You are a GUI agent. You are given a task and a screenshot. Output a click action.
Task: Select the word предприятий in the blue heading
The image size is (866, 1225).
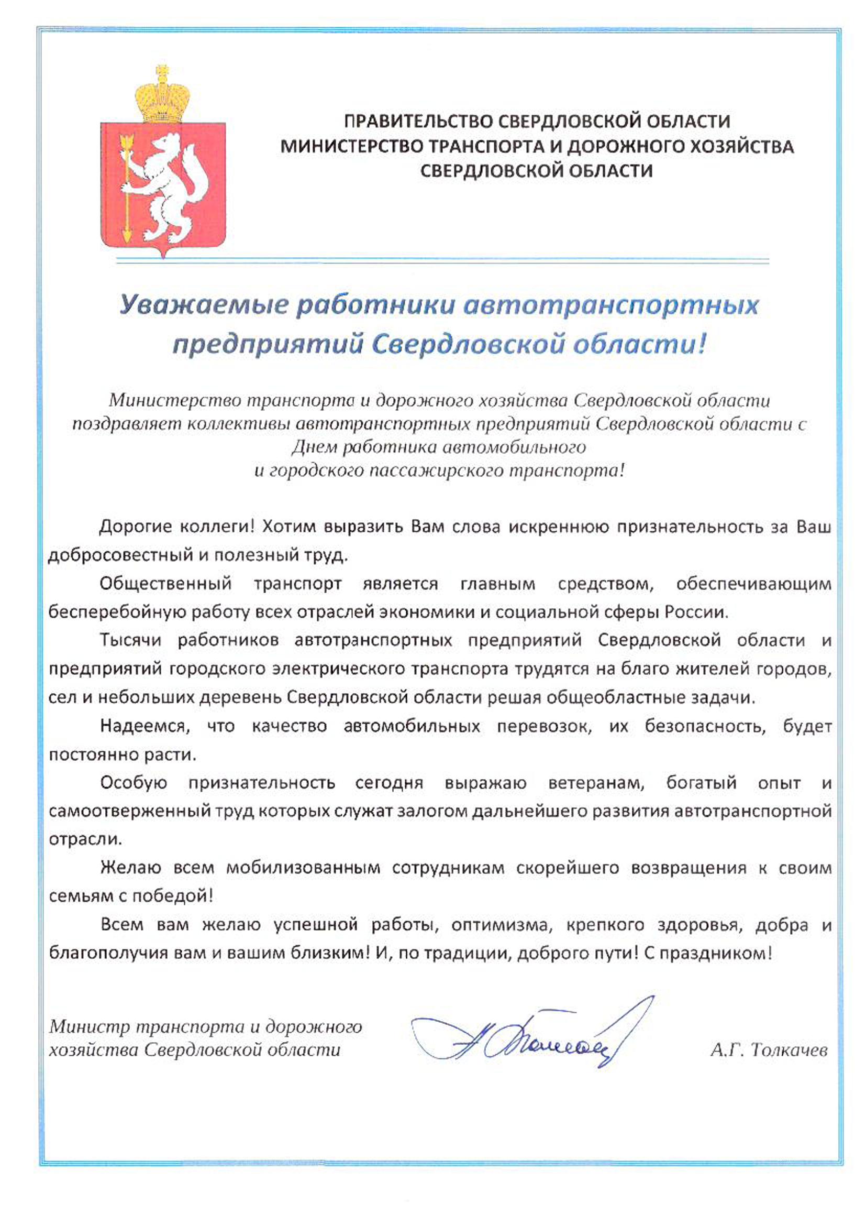pyautogui.click(x=267, y=345)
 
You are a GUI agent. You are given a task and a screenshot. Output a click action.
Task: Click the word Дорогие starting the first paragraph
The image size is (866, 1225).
pyautogui.click(x=135, y=527)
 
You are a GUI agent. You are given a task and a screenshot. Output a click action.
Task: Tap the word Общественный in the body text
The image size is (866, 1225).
pyautogui.click(x=166, y=584)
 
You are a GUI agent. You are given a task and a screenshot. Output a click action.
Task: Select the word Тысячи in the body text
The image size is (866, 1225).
pyautogui.click(x=131, y=640)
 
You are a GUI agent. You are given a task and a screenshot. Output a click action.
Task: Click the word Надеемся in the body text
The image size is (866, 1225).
pyautogui.click(x=143, y=726)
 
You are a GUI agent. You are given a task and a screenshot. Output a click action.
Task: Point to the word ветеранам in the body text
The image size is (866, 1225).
pyautogui.click(x=596, y=783)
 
